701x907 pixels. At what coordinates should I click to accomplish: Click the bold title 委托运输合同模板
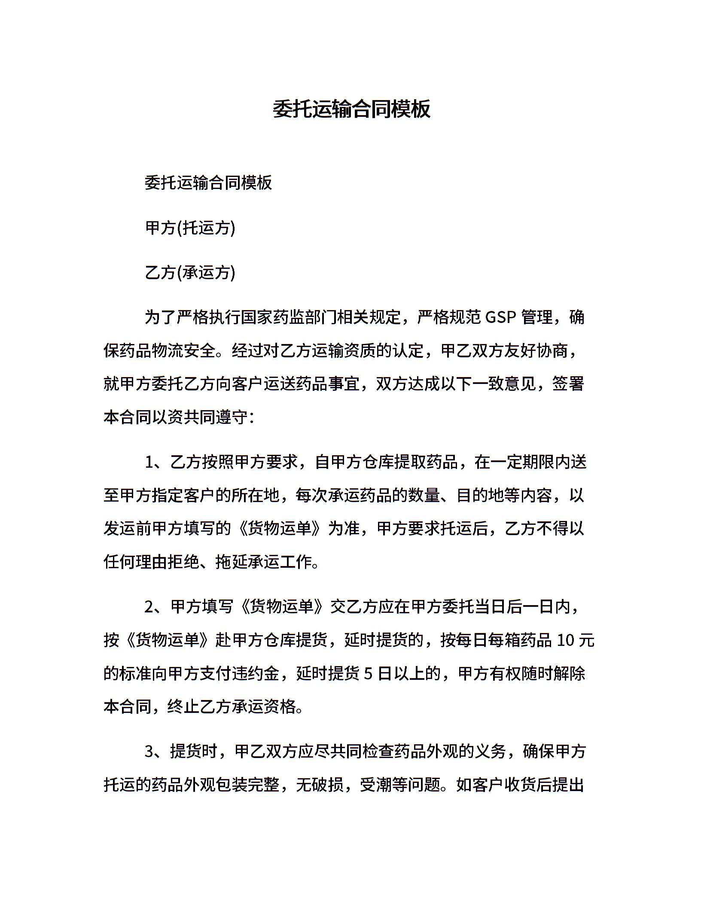(351, 109)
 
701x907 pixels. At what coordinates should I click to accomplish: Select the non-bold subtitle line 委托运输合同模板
(208, 183)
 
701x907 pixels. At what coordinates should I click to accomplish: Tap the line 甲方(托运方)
(190, 228)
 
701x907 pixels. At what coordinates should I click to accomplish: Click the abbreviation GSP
(500, 318)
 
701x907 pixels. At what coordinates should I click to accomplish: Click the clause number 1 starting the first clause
(149, 463)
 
